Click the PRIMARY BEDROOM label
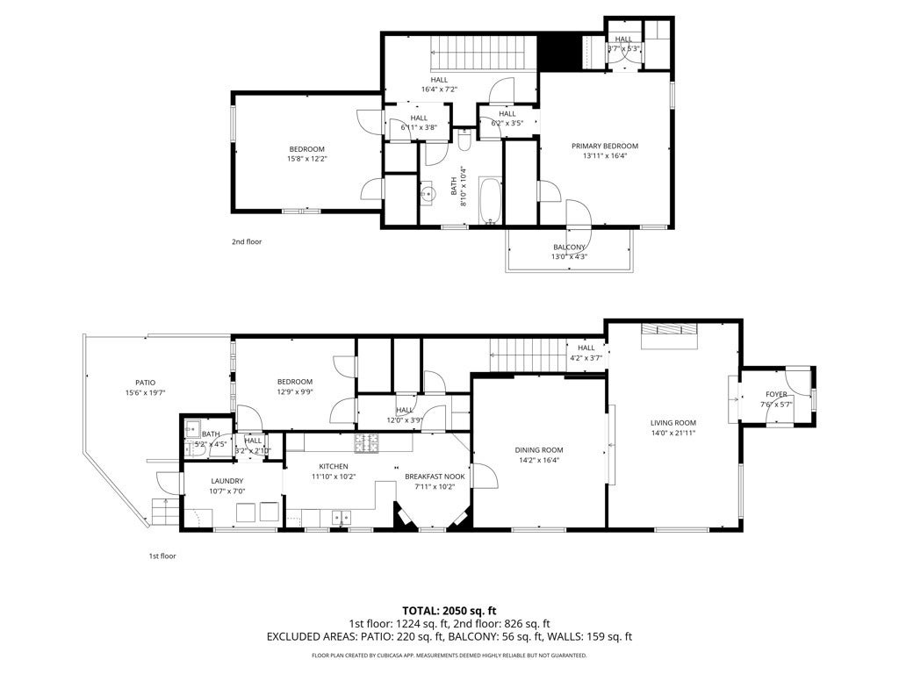(x=604, y=146)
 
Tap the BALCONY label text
(x=569, y=247)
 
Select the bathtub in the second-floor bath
(x=489, y=201)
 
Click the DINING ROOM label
(x=538, y=449)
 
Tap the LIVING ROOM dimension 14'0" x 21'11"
(x=672, y=433)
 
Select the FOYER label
(x=776, y=394)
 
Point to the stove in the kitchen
(x=366, y=442)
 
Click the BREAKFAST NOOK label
(x=435, y=477)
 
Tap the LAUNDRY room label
(x=227, y=481)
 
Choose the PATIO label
(x=145, y=383)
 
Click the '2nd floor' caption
(x=247, y=241)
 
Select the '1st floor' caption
(x=162, y=556)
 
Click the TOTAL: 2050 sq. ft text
(x=449, y=610)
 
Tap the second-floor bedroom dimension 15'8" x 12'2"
(x=306, y=159)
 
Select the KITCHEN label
(x=334, y=466)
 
